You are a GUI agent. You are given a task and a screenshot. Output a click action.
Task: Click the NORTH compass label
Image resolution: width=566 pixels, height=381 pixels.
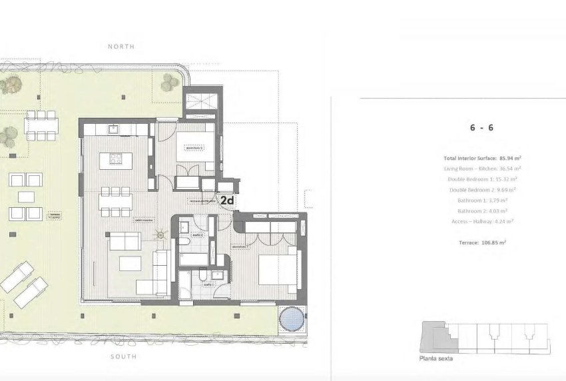click(x=121, y=47)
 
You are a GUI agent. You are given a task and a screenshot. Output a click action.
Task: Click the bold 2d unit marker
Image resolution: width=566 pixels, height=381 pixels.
click(x=227, y=198)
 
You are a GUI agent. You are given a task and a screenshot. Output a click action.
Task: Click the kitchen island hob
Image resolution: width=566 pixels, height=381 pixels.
click(x=115, y=160)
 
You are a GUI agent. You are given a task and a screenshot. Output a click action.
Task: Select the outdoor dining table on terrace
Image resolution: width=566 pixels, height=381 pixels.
click(x=41, y=125)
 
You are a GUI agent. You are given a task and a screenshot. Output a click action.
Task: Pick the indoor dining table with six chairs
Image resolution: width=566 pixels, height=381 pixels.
click(x=115, y=202)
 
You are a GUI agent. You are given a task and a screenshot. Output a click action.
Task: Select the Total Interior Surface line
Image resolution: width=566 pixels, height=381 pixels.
click(x=482, y=159)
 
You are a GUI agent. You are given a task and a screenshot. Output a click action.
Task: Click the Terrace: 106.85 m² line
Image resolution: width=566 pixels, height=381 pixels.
click(x=481, y=244)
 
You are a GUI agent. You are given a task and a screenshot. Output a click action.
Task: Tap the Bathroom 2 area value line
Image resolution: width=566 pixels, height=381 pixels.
click(x=481, y=212)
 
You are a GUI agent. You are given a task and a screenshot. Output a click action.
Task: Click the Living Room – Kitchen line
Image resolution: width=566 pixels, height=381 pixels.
click(x=481, y=169)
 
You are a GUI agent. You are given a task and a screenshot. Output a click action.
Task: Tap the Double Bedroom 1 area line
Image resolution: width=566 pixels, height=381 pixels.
click(x=481, y=180)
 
